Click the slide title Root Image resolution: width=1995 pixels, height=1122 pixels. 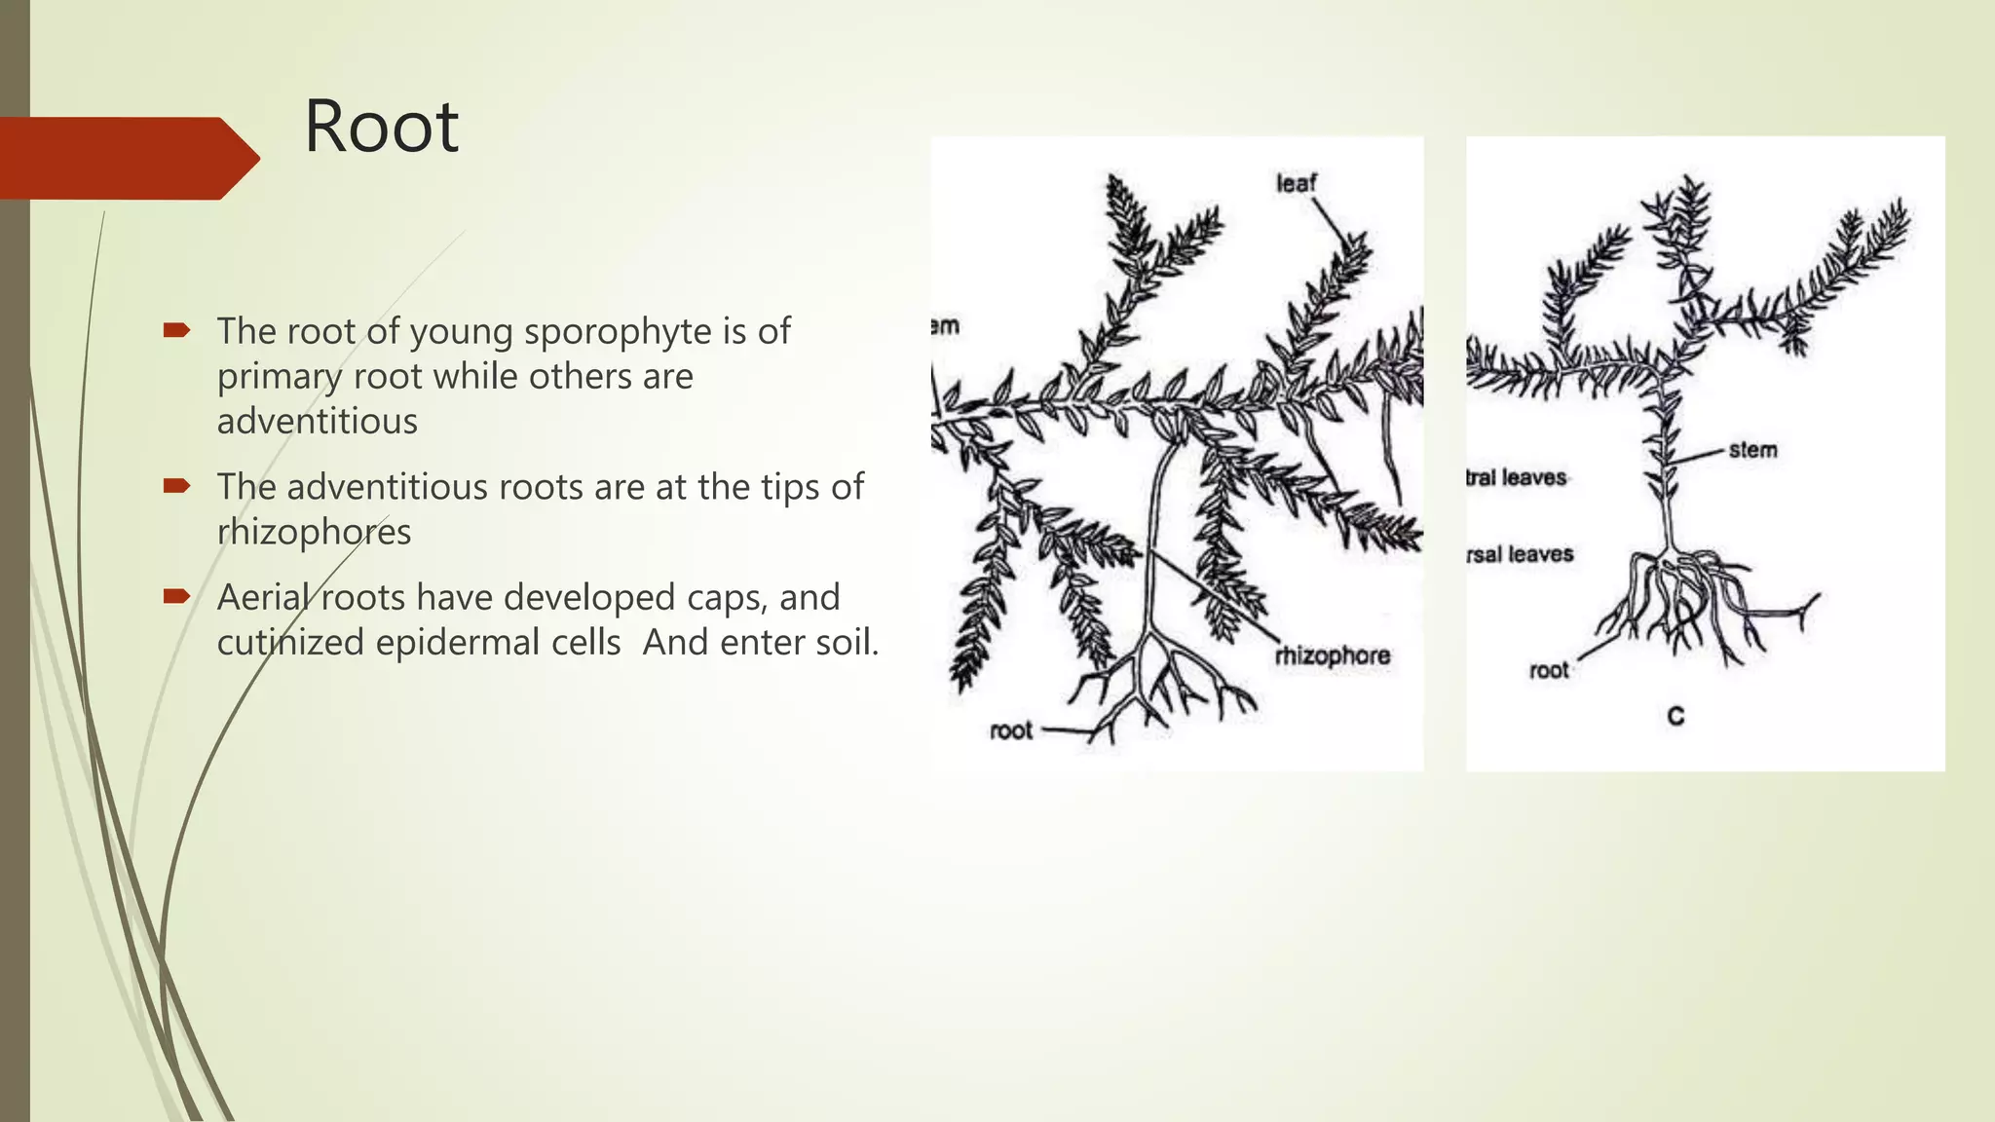click(381, 128)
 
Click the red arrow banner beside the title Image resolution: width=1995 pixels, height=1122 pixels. click(127, 158)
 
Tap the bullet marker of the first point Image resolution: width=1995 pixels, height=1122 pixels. click(176, 331)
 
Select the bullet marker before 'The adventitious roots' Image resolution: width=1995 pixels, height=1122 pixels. click(176, 486)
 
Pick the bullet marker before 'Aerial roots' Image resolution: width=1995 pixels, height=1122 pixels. click(176, 596)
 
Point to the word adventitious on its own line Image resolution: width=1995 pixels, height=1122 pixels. click(317, 422)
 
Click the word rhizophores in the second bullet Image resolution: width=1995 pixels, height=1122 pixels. click(314, 533)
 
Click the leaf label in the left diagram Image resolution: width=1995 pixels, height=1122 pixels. click(1296, 183)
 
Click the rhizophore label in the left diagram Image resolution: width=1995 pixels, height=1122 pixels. click(1332, 656)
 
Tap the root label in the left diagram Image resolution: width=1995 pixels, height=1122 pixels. click(1010, 730)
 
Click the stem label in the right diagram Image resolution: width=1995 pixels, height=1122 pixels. click(1752, 450)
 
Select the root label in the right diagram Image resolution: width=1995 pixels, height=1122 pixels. click(1548, 670)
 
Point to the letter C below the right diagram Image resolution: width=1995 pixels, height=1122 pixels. click(1675, 717)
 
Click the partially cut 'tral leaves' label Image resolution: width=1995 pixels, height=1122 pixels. click(1517, 477)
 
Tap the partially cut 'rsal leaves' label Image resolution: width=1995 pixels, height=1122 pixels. click(1520, 554)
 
